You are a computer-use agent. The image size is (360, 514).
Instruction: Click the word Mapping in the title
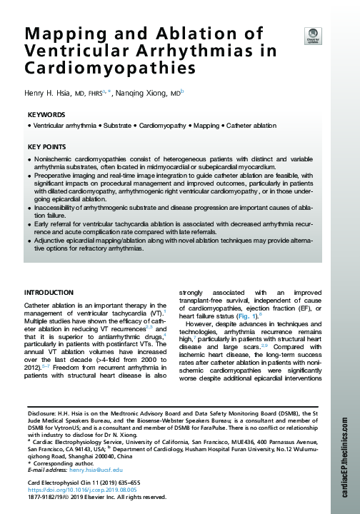[x=56, y=35]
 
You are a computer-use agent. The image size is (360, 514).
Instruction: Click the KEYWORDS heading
[x=46, y=115]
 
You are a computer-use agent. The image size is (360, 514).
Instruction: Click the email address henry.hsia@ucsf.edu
[x=96, y=470]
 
